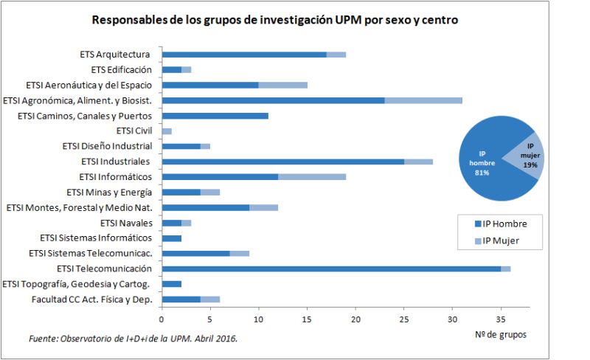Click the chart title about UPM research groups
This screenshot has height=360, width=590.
[274, 20]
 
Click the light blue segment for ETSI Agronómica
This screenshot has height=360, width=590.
[423, 100]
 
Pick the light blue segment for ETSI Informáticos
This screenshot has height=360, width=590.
[312, 177]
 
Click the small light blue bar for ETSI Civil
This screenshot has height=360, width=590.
[167, 131]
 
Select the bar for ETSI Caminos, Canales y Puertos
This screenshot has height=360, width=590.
[215, 116]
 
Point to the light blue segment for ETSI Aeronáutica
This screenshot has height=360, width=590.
[282, 85]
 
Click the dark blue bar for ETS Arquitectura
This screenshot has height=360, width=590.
[244, 55]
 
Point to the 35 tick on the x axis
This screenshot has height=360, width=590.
[501, 319]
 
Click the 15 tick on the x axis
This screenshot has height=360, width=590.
[307, 319]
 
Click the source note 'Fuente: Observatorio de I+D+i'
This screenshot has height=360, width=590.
[133, 338]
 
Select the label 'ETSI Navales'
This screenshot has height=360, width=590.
[126, 223]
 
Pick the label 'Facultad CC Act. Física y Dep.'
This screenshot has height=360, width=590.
[91, 300]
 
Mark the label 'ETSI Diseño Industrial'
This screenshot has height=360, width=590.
[108, 146]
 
